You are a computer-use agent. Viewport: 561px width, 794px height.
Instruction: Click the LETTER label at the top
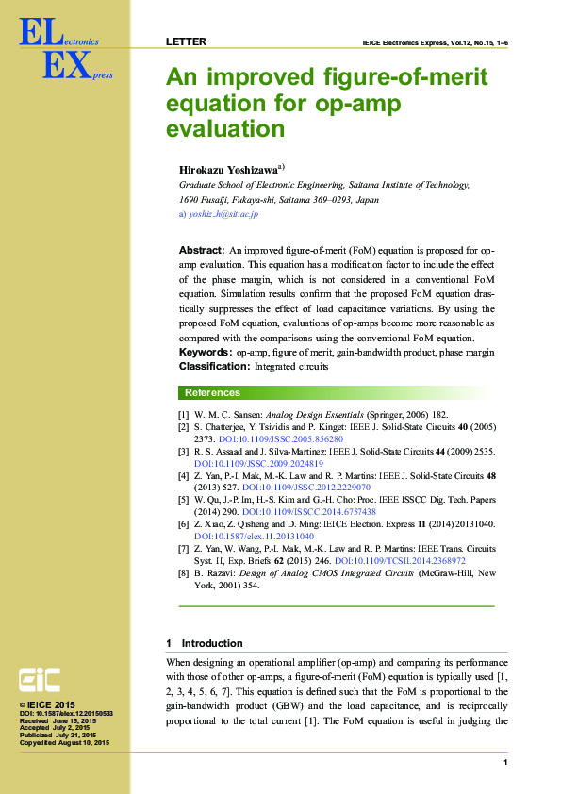tap(186, 42)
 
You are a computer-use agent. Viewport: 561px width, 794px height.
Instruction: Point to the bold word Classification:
tap(214, 365)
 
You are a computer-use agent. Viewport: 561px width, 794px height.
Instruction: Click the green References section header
tap(212, 392)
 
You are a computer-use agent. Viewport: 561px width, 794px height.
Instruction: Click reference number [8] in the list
tap(183, 572)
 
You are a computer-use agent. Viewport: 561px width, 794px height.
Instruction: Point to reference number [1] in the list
tap(183, 415)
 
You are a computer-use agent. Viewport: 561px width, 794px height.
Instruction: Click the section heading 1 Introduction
tap(205, 643)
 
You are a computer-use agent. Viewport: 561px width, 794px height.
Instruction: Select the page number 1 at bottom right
tap(506, 762)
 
